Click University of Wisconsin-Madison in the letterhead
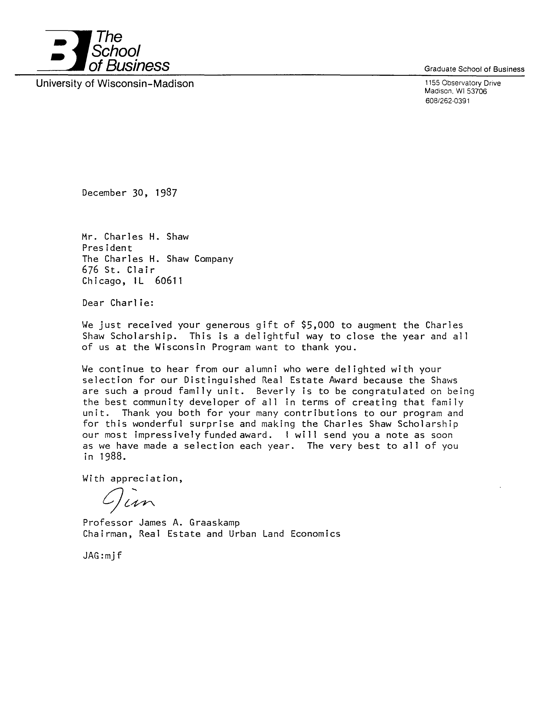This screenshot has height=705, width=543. [x=115, y=84]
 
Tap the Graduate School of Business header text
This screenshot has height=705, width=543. [x=474, y=69]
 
